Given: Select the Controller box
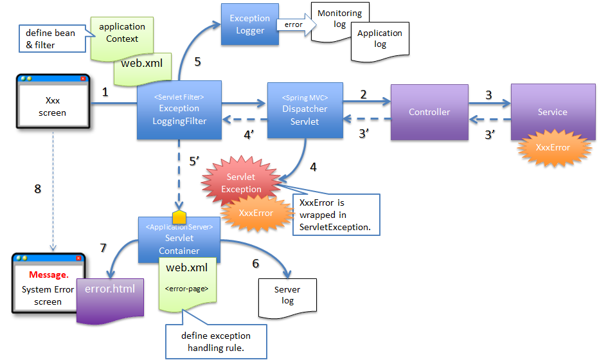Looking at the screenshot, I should tap(429, 112).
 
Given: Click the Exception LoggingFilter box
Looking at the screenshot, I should tap(179, 110).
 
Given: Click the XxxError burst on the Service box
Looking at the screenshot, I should tap(552, 147).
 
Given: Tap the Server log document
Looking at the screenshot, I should tap(287, 295).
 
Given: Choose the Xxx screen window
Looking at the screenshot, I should tap(51, 107).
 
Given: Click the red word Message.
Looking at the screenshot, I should tap(49, 276).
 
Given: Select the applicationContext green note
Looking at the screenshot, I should tap(122, 33).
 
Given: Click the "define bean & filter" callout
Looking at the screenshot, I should tap(50, 39).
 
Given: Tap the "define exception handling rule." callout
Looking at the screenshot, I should tap(215, 341).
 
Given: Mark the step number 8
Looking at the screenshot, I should tap(37, 189).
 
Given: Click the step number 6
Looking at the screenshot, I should tap(255, 264).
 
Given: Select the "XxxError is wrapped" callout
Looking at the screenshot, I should tap(335, 215).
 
